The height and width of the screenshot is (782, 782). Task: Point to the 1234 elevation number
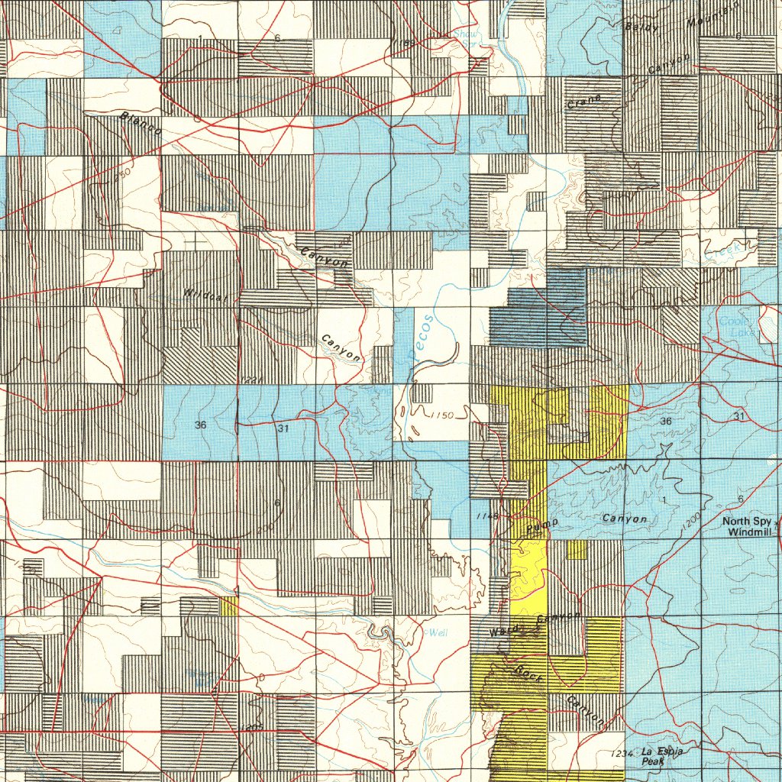[x=622, y=754]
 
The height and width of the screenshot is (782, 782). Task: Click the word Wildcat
[x=200, y=293]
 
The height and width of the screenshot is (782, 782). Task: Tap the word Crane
[x=584, y=102]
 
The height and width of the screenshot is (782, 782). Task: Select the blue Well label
[x=437, y=633]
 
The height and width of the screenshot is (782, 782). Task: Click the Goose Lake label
[x=733, y=327]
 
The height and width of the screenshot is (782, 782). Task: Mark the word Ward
[x=506, y=632]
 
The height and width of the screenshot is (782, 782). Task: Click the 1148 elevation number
[x=486, y=517]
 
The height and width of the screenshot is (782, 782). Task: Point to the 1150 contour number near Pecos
[x=441, y=415]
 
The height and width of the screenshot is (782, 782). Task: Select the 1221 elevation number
[x=250, y=380]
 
